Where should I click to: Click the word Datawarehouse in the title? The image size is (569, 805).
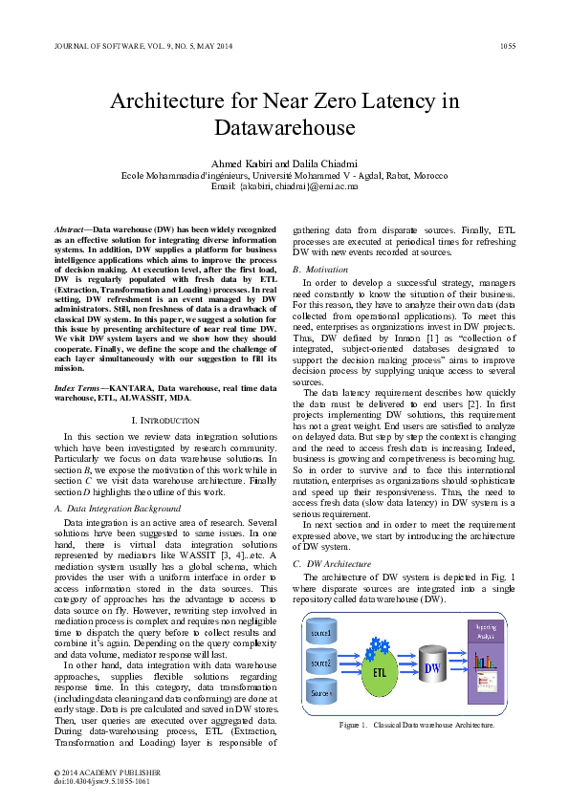(x=284, y=127)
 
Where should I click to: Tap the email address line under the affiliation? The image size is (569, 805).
(x=284, y=187)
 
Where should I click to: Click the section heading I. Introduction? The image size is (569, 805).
(x=164, y=421)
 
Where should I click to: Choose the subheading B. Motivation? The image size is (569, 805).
(x=321, y=271)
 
